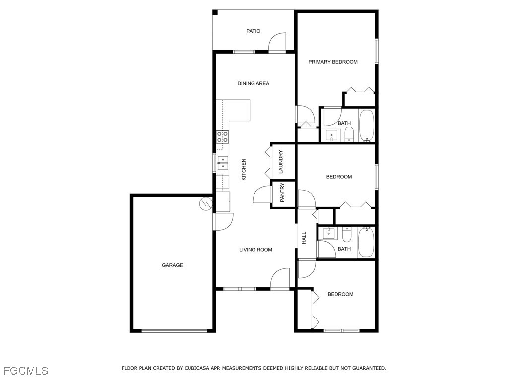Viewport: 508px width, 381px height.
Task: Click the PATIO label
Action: (253, 31)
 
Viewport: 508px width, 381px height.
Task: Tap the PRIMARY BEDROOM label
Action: (333, 62)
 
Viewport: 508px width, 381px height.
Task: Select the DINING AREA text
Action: (254, 83)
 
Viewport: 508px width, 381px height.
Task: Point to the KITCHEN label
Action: (244, 169)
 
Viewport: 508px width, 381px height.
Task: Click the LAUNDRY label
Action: (281, 162)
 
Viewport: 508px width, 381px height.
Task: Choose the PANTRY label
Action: (282, 193)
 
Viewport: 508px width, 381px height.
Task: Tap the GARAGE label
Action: (172, 265)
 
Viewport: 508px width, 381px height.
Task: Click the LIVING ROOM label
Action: (255, 250)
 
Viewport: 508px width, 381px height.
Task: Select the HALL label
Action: (304, 238)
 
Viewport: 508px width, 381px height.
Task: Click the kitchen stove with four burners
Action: (223, 137)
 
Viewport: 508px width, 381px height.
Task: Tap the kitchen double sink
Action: (223, 163)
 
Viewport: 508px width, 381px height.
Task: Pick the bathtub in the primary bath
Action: (367, 126)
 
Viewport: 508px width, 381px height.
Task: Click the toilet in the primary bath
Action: (349, 134)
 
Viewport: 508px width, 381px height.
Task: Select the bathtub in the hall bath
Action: (367, 242)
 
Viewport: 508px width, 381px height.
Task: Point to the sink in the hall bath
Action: (328, 233)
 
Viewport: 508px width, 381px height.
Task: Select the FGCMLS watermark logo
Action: (26, 371)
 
